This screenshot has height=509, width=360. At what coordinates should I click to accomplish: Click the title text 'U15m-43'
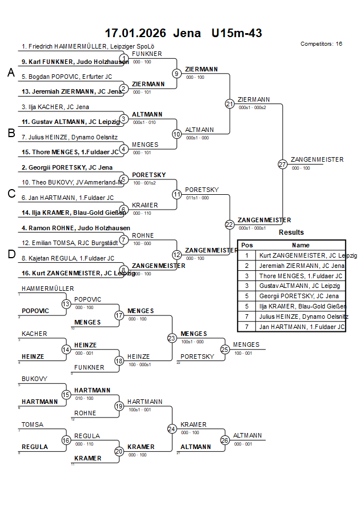236,33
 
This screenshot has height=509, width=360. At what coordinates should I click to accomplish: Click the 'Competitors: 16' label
321,43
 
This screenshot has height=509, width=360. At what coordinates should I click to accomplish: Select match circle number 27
282,165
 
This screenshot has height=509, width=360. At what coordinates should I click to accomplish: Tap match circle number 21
230,104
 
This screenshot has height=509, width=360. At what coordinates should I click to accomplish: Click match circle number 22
230,225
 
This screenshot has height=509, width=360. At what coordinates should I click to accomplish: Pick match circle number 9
177,74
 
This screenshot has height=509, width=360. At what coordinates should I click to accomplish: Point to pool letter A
11,73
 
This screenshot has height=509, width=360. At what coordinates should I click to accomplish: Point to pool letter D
11,254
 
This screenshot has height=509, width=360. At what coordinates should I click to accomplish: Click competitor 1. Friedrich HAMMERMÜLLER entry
88,46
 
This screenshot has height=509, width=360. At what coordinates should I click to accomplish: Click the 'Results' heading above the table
291,233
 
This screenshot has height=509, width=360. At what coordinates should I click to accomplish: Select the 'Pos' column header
247,245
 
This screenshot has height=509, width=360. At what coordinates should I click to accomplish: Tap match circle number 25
225,349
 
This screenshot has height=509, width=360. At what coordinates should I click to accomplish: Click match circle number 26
225,440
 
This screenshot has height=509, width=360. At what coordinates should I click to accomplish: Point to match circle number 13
66,304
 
